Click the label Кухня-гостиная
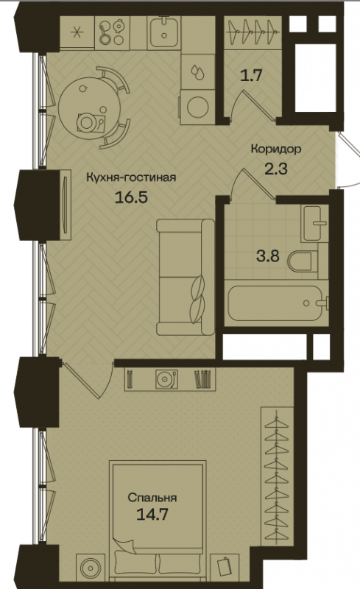coord(131,177)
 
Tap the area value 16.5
coord(131,197)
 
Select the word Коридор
coord(276,149)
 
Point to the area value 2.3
coord(276,169)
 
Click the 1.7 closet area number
coord(251,76)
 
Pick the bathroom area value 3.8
coord(268,256)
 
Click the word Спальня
coord(152,498)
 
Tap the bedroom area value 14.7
coord(152,514)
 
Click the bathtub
coord(275,303)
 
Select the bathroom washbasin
coord(314,223)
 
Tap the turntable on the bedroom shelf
coord(166,379)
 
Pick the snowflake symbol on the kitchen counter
coord(77,32)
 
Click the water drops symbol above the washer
coord(197,71)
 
